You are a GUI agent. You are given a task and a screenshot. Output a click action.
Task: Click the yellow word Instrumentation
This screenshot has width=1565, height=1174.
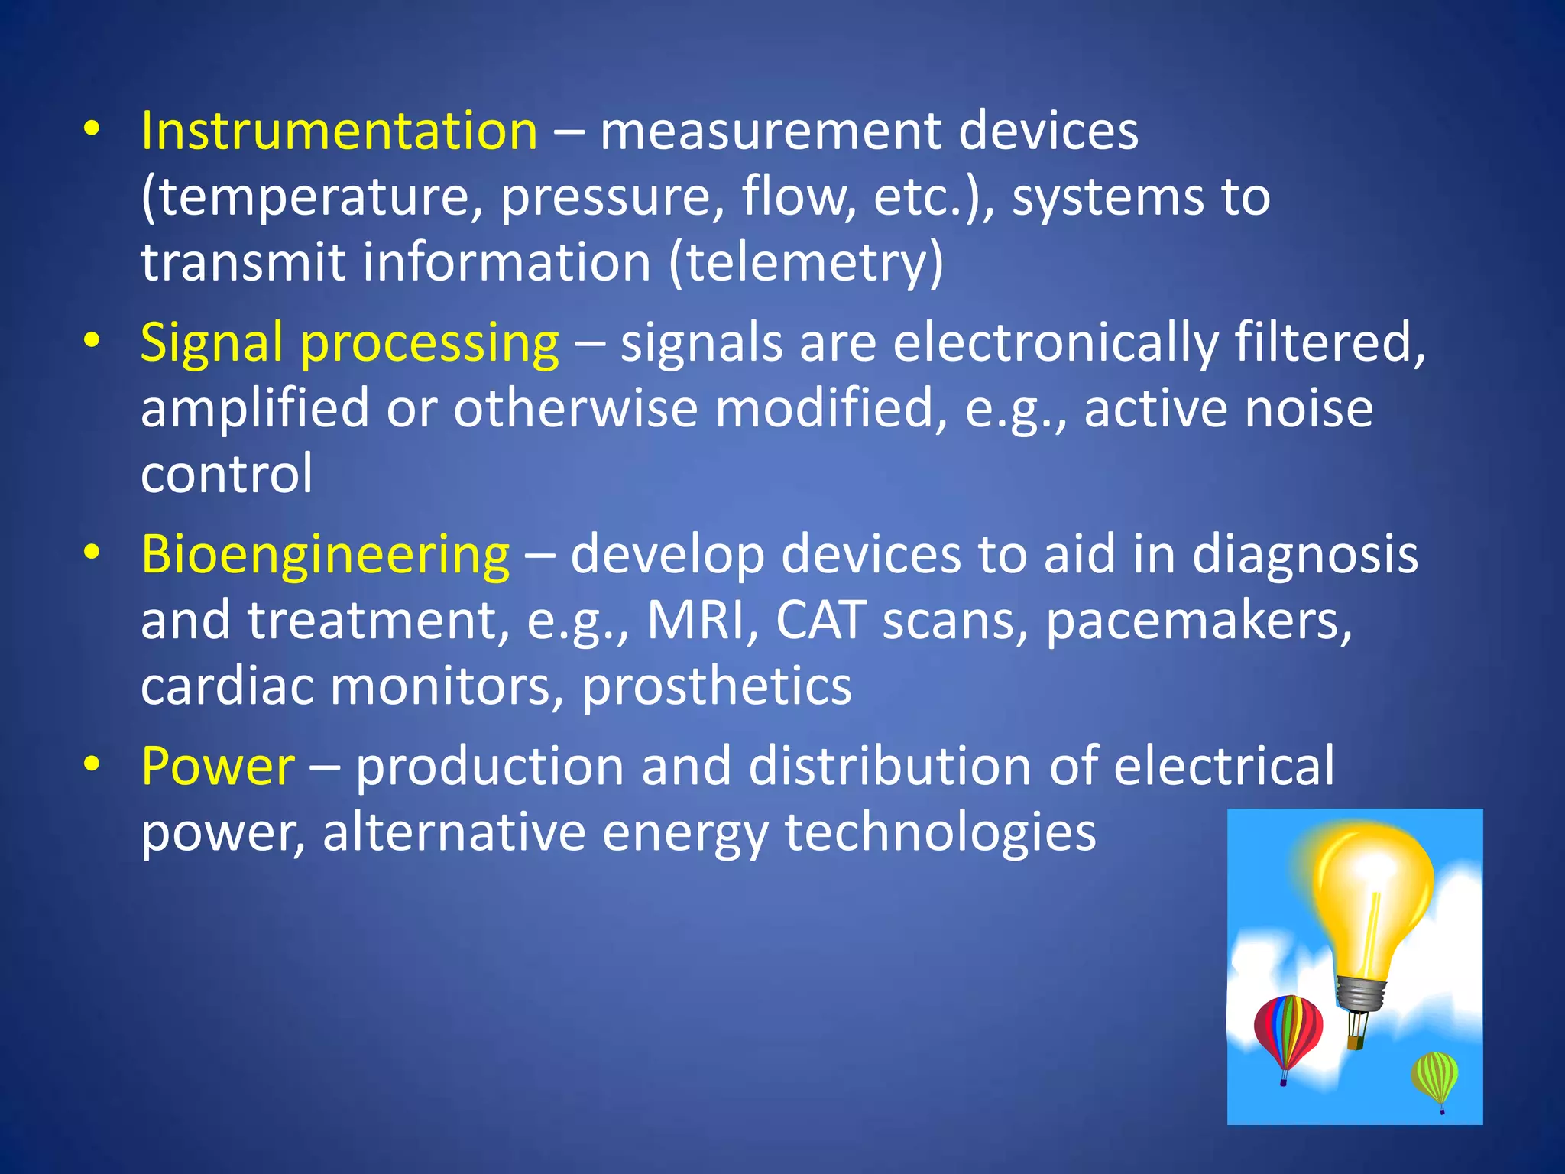point(339,131)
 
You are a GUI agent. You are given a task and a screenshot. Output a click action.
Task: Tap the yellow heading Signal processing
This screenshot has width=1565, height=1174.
point(350,342)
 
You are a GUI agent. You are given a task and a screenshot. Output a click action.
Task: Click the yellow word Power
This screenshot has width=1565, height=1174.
point(218,766)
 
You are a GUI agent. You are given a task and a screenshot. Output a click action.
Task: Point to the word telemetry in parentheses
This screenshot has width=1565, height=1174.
point(806,262)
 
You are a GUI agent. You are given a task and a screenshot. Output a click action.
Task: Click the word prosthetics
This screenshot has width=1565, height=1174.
point(717,686)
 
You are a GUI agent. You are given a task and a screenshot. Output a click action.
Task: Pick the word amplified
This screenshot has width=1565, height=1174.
point(256,408)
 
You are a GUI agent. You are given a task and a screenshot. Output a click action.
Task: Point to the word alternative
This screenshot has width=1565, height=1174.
point(454,832)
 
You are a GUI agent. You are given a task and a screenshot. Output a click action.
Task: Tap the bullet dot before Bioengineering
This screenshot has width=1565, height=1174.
point(92,552)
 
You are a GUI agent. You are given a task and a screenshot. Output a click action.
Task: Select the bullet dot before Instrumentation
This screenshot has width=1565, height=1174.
point(92,128)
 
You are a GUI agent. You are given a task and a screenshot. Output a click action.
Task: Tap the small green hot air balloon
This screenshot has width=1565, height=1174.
point(1435,1076)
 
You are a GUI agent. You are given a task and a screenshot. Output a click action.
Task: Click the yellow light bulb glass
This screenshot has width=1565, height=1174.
point(1372,894)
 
